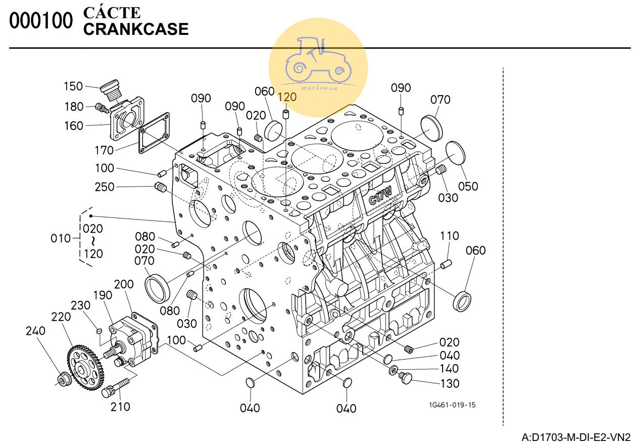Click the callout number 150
(73, 86)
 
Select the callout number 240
(35, 331)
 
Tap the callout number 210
(120, 406)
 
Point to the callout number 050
(468, 187)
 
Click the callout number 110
(450, 236)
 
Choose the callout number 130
(450, 383)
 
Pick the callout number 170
(104, 150)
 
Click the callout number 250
(105, 187)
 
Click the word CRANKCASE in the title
(135, 29)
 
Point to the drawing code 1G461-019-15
(452, 405)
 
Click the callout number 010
(61, 238)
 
